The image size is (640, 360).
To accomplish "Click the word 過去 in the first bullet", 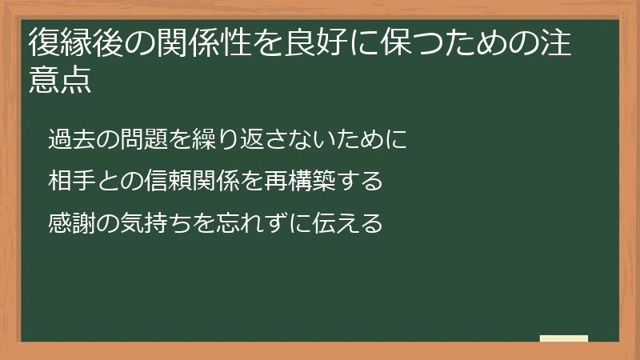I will (x=69, y=140).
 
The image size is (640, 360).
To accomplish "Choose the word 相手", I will (x=69, y=181).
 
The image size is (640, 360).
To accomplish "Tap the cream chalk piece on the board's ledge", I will (x=564, y=338).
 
